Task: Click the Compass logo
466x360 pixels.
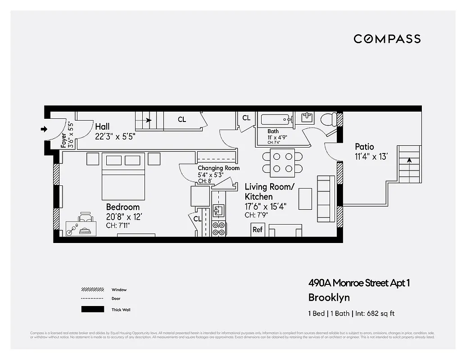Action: click(387, 39)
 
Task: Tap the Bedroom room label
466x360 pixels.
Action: click(122, 207)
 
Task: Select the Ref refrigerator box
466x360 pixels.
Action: click(257, 229)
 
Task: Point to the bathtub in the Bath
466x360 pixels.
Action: click(276, 120)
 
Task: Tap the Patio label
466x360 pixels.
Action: click(364, 147)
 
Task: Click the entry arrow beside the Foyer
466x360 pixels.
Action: click(44, 130)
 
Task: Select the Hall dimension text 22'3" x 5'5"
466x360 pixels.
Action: click(115, 136)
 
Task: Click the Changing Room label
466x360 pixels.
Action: click(218, 168)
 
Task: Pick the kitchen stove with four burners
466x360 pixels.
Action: click(218, 229)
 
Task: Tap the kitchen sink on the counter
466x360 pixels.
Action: click(218, 211)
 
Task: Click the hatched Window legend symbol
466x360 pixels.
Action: click(92, 290)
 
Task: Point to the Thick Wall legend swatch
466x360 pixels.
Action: click(92, 310)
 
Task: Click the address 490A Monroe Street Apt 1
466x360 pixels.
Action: click(359, 283)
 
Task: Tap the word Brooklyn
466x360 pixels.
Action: click(329, 297)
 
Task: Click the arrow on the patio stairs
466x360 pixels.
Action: click(409, 160)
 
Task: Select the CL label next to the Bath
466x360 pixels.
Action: click(246, 118)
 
